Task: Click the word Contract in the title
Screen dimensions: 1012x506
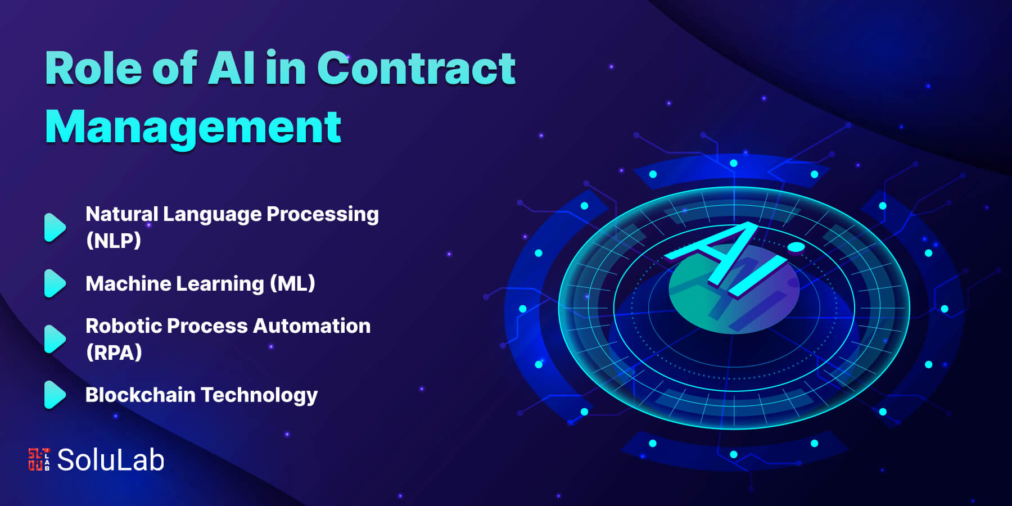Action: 416,68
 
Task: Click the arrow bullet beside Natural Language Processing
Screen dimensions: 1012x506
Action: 55,228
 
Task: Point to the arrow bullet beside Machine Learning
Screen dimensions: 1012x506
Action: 55,283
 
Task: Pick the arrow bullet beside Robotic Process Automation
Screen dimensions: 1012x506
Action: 55,339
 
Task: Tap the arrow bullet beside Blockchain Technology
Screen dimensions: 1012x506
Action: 55,395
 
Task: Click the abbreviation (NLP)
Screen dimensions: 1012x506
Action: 113,241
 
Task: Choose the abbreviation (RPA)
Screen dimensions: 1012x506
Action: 114,353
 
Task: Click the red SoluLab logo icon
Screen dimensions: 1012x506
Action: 39,459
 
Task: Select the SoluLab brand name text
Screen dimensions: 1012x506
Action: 111,460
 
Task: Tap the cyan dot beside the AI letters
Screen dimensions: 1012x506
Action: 796,246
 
